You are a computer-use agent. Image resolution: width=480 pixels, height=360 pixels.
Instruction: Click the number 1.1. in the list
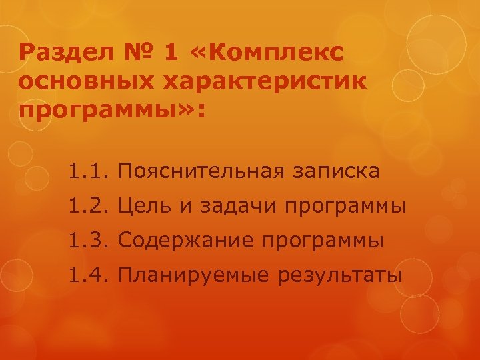pyautogui.click(x=87, y=172)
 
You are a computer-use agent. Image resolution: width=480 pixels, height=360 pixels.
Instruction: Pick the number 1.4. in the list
pyautogui.click(x=87, y=273)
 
